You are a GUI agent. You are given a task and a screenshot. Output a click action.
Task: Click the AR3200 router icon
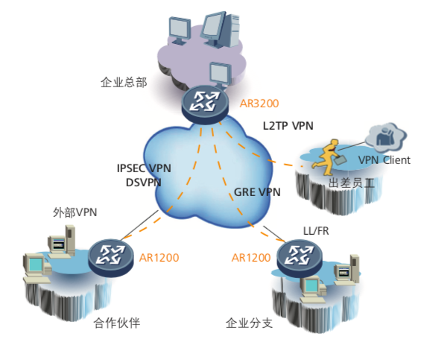(x=204, y=105)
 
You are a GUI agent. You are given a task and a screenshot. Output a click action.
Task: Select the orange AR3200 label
(x=259, y=104)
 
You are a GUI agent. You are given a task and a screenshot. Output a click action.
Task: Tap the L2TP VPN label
(x=288, y=126)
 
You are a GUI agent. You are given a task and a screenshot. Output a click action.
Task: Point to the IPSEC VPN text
(x=144, y=168)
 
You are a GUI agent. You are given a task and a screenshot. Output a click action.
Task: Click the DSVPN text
(x=144, y=183)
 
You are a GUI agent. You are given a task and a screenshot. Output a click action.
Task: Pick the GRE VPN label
(x=257, y=192)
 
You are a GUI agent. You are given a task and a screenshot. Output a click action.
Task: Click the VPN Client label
(x=385, y=160)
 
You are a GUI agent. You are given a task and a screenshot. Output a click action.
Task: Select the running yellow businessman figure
(x=329, y=158)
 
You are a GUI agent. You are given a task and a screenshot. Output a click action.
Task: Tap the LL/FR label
(x=316, y=231)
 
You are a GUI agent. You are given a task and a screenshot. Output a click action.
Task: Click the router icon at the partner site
(x=111, y=258)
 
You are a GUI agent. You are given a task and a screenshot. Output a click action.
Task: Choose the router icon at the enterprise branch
(x=300, y=258)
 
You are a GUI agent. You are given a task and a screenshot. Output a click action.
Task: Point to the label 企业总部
(x=124, y=82)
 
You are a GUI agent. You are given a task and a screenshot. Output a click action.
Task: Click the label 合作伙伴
(x=116, y=323)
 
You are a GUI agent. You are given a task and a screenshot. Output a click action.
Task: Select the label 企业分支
(x=249, y=323)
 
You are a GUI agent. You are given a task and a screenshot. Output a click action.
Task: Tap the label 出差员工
(x=351, y=183)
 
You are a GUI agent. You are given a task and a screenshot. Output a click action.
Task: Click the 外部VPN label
(x=75, y=212)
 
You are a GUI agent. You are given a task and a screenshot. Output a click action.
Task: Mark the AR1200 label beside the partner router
(x=159, y=258)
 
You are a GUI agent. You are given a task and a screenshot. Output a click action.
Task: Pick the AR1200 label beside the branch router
(x=251, y=258)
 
